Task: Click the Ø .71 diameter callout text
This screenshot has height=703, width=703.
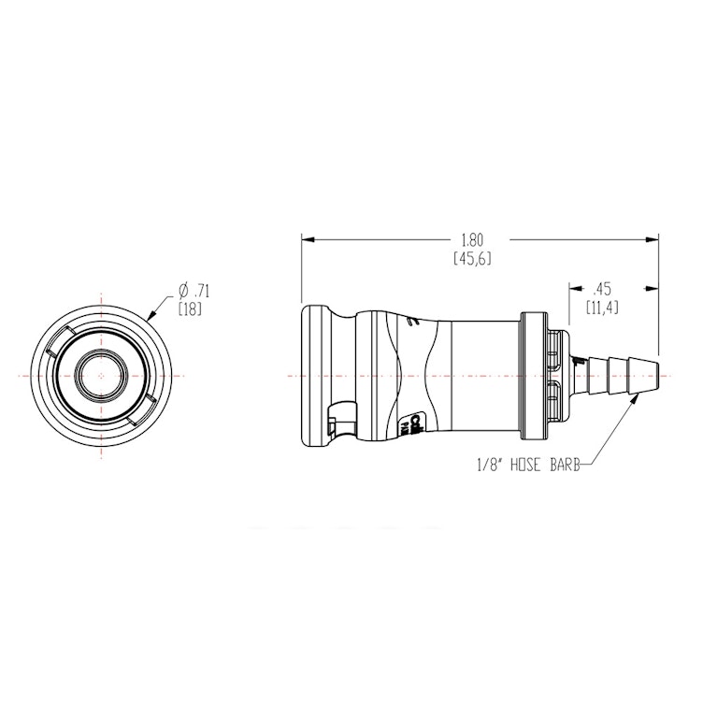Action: tap(193, 290)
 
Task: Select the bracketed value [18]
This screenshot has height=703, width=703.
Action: tap(190, 308)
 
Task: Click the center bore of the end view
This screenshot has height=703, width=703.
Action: tap(100, 376)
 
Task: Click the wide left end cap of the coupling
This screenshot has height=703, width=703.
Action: tap(312, 376)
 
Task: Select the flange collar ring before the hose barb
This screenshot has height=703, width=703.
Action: tap(533, 376)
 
